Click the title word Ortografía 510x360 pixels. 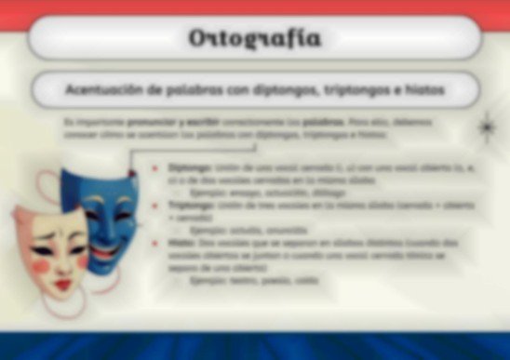(x=255, y=38)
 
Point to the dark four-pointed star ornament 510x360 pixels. (x=485, y=127)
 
